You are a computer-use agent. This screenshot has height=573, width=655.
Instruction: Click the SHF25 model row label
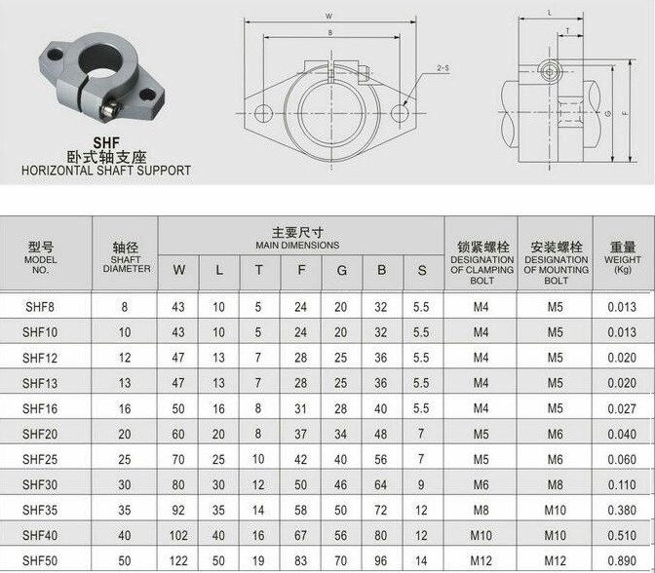tap(40, 459)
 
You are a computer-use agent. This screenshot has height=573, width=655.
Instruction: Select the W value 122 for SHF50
tap(178, 561)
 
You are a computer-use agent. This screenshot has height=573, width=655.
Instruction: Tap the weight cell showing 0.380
tap(622, 510)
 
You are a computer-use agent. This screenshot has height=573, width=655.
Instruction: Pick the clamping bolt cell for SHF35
tap(481, 510)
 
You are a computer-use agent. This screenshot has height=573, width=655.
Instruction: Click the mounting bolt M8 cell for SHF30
tap(556, 485)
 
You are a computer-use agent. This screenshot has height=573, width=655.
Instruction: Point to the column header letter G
tap(342, 271)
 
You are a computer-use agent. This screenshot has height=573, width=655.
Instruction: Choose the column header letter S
tap(422, 271)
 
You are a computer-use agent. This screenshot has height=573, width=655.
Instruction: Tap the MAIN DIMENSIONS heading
tap(297, 246)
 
